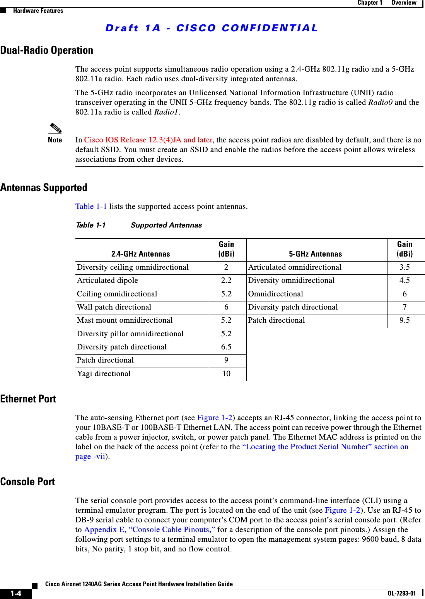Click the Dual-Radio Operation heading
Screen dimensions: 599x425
[46, 50]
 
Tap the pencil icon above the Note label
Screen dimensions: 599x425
[55, 128]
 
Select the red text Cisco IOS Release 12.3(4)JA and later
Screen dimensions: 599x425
[148, 140]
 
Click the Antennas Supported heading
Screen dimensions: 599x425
[44, 188]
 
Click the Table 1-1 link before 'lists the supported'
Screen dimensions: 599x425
[91, 206]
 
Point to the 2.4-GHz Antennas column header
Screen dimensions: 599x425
[140, 254]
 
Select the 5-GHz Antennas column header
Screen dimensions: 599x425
[315, 254]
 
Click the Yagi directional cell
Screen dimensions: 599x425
[104, 373]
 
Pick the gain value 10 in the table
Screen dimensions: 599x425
[226, 373]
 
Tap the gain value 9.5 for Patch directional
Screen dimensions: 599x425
[405, 320]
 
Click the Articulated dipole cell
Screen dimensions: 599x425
[108, 280]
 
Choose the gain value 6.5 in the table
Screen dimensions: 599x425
[226, 347]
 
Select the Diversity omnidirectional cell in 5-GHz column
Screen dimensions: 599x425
[291, 280]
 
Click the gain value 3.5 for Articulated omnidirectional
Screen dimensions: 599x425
[405, 267]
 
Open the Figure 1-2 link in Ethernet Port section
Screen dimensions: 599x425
[215, 418]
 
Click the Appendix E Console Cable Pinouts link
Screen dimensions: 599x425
[149, 529]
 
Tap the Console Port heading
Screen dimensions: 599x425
[27, 482]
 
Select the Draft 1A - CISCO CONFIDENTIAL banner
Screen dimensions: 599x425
[212, 28]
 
